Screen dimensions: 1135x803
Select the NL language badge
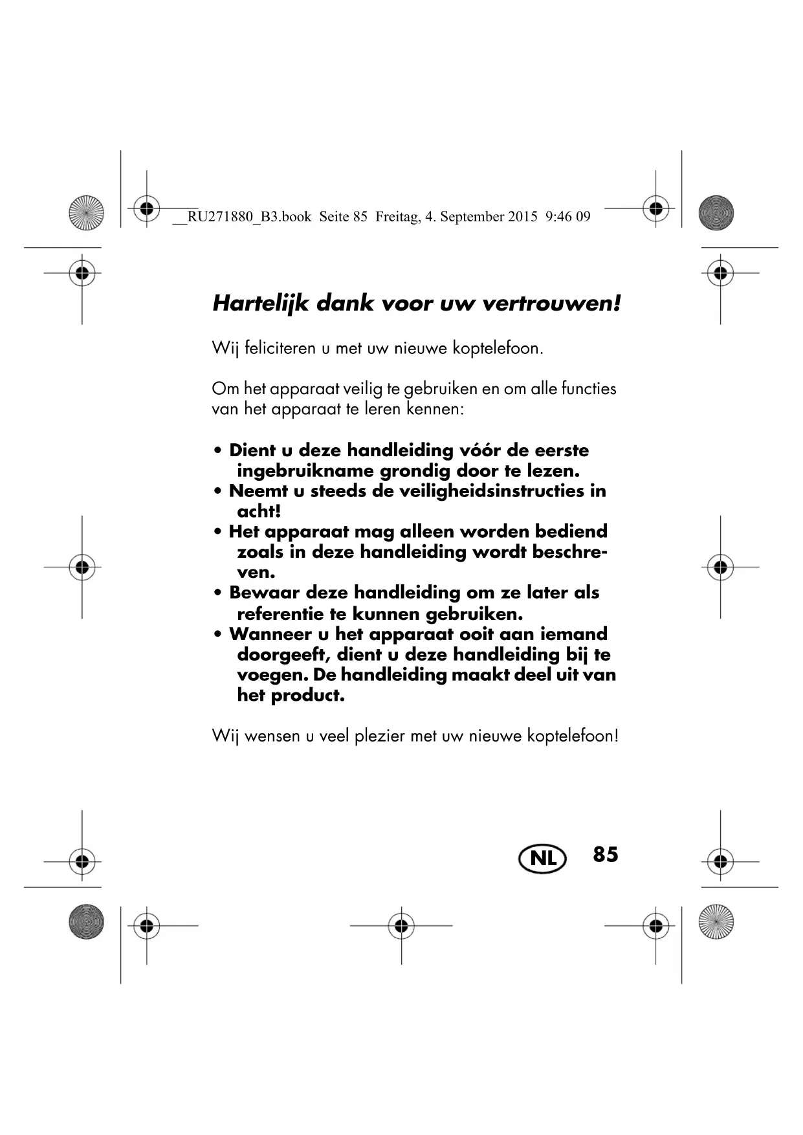pos(542,858)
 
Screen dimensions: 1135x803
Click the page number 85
pos(606,854)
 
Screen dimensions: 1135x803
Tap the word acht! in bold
pos(259,511)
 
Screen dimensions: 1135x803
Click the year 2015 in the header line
pos(522,217)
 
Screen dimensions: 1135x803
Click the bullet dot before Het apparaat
pos(219,532)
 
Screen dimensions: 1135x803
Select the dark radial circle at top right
pos(716,212)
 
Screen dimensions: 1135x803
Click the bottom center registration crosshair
pos(401,925)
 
